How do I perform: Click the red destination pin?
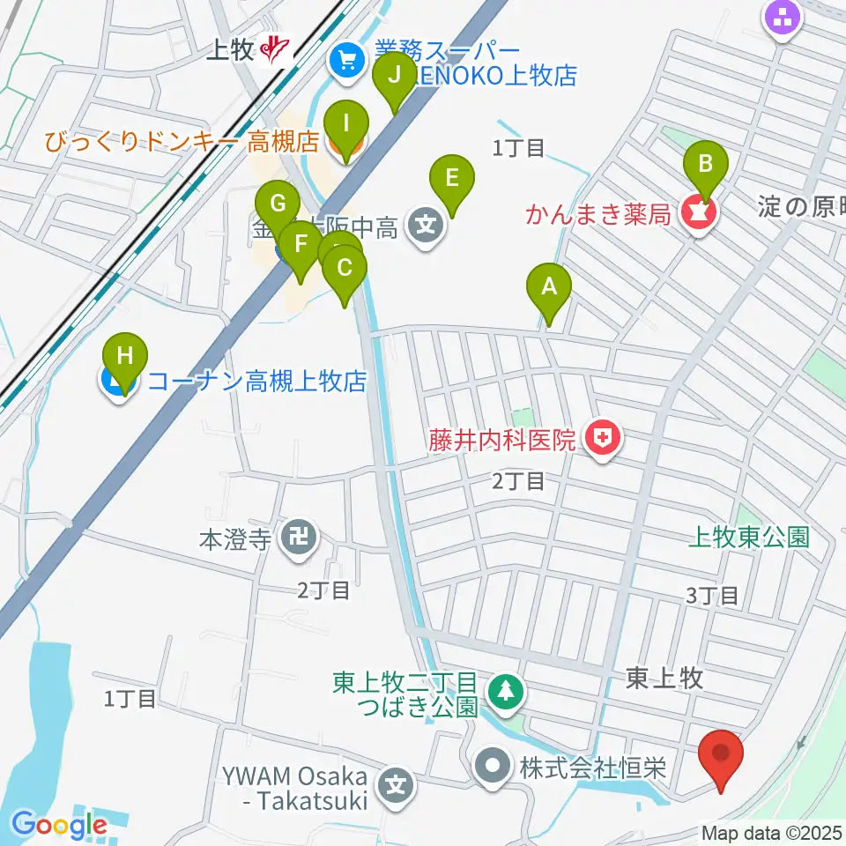[x=721, y=757]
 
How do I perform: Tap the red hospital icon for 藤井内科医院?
[x=604, y=438]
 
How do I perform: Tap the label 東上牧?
[x=664, y=677]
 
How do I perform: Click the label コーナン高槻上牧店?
[x=256, y=382]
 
